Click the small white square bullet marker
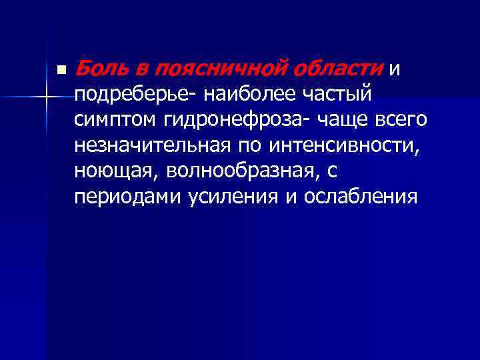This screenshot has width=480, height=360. (x=61, y=69)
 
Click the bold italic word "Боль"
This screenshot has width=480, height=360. (x=98, y=68)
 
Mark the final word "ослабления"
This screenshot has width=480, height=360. (x=361, y=198)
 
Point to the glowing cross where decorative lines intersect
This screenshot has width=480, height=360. (x=46, y=97)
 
